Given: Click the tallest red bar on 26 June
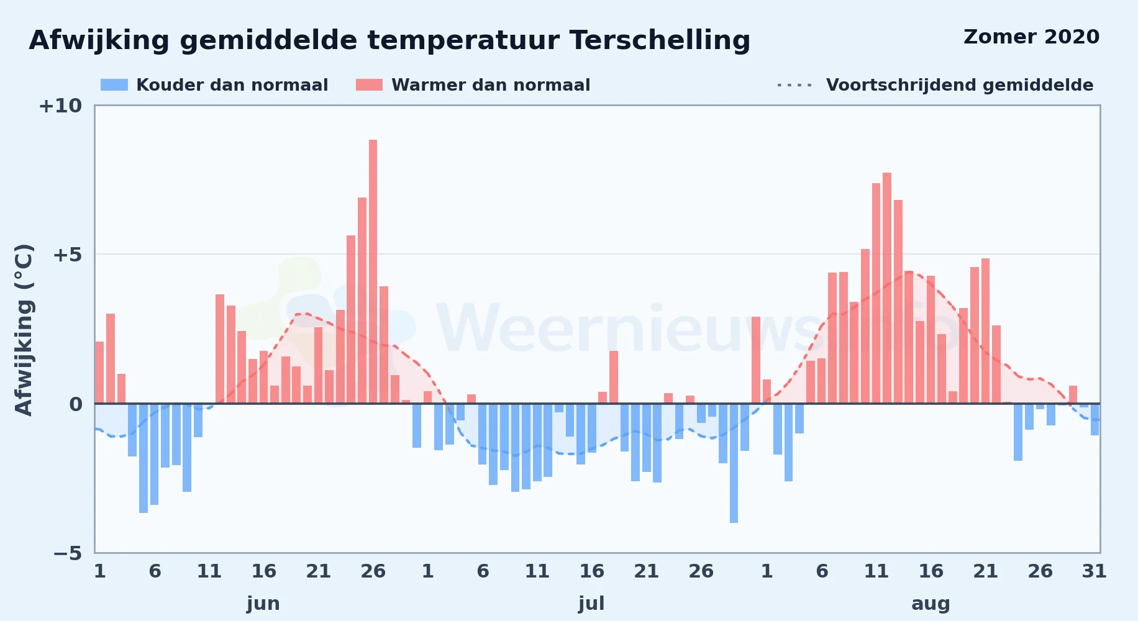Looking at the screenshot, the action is point(373,271).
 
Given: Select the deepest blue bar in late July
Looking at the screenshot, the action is point(734,463).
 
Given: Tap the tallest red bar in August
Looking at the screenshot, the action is point(887,288).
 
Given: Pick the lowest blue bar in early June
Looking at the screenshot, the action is point(143,458).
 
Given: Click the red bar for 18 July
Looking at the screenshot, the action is point(614,377).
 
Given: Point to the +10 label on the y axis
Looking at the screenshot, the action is point(60,106).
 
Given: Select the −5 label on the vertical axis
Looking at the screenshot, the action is point(68,553).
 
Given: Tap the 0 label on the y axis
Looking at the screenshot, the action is point(76,404).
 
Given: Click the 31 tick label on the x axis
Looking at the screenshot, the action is point(1095,571).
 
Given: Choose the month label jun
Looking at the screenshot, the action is point(263,604).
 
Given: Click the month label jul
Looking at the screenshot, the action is point(591,604).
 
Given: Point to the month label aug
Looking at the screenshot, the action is point(931,604).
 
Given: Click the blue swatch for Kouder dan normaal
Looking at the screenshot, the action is point(114,85).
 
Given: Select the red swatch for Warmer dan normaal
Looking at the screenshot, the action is point(370,85).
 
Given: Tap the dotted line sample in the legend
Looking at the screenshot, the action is point(794,85).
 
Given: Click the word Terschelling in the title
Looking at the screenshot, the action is point(660,41).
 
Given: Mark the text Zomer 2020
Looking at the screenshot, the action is point(1031,37).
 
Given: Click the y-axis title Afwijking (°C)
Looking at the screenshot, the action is point(24,330).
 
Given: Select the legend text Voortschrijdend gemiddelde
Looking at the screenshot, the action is point(960,85).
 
